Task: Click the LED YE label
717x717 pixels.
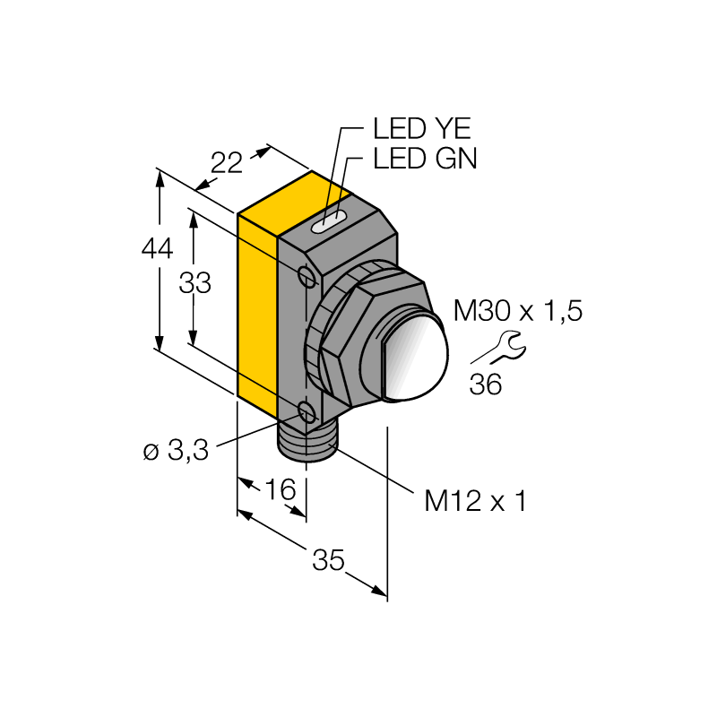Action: coord(421,128)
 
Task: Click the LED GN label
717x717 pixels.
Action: coord(425,159)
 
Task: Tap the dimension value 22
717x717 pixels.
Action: coord(227,163)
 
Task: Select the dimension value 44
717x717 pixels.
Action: coord(158,249)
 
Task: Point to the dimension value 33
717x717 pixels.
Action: coord(194,283)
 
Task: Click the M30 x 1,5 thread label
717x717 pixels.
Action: coord(518,311)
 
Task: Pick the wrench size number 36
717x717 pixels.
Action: coord(486,384)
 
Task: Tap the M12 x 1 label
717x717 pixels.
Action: coord(476,501)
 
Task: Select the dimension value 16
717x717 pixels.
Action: coord(281,489)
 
